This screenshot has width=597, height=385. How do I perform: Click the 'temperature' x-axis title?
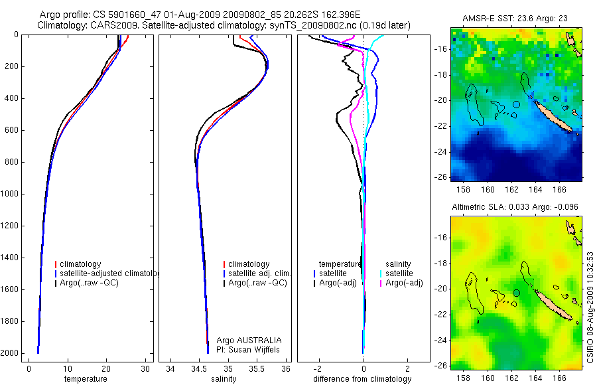coord(85,379)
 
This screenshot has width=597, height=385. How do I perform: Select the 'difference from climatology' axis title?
coord(362,379)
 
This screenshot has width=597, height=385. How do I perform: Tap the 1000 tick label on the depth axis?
coord(9,194)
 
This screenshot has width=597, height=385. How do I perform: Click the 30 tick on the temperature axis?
coord(146,369)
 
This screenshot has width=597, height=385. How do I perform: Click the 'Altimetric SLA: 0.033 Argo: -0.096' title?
coord(515,207)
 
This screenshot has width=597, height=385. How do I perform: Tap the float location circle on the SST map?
coord(516,104)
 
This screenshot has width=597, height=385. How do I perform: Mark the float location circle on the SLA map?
coord(516,293)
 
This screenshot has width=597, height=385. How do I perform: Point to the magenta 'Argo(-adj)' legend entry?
coord(404,283)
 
